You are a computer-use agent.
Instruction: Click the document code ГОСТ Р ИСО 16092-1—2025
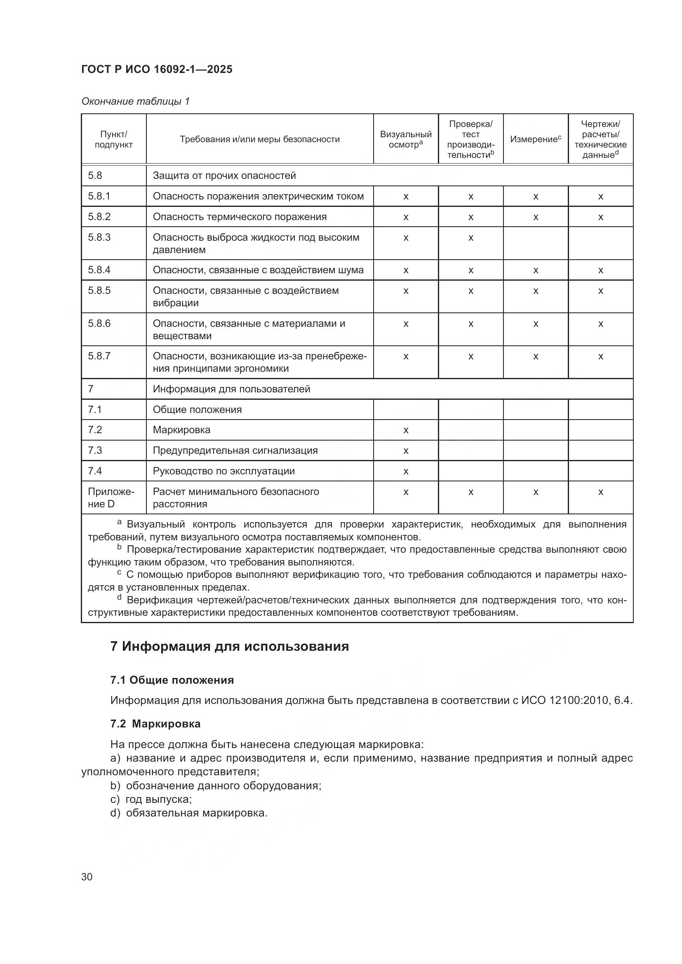tap(156, 70)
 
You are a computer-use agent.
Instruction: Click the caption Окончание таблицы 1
tap(135, 101)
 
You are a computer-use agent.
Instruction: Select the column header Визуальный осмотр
tap(405, 139)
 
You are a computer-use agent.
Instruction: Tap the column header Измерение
tap(535, 139)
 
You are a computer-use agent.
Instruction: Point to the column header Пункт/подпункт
tap(113, 139)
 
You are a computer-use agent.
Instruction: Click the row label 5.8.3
tap(99, 237)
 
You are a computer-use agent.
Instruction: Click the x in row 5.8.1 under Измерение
tap(536, 197)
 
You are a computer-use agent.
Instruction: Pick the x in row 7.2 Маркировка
tap(406, 430)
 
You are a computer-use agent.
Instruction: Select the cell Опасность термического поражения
tap(240, 217)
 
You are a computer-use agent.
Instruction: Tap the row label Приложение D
tap(111, 497)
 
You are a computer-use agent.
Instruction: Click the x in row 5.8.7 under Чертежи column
tap(600, 357)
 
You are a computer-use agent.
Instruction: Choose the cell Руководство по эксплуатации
tap(223, 471)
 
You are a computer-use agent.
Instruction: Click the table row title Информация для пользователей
tap(231, 389)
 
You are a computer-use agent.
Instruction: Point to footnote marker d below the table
tap(119, 598)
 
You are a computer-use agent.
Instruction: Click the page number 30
tap(87, 877)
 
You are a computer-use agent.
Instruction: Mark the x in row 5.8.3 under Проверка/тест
tap(471, 238)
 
